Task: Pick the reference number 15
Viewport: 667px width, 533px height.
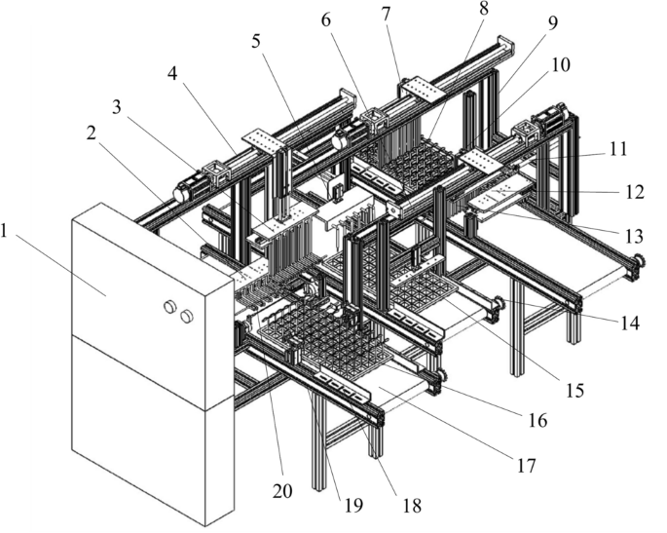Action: tap(574, 390)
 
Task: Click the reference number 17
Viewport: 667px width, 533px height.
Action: tap(526, 466)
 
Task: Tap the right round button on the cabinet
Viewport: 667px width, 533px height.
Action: tap(187, 315)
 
